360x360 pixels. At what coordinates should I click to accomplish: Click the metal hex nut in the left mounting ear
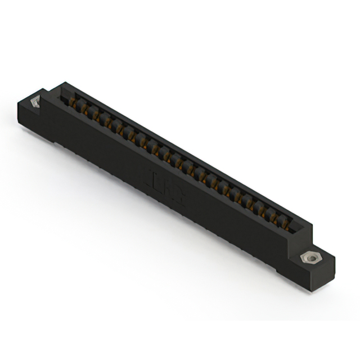pos(36,102)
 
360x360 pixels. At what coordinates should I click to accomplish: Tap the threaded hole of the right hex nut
pos(307,257)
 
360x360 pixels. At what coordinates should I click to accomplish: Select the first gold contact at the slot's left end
pos(72,101)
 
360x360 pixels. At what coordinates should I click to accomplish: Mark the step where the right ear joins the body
pos(292,247)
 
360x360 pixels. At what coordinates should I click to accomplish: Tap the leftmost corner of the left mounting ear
pos(17,102)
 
